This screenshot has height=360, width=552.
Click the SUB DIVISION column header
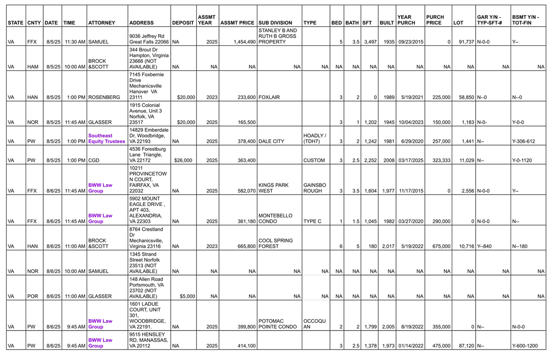click(275, 23)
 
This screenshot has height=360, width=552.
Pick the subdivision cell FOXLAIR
click(269, 97)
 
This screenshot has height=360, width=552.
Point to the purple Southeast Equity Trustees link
click(106, 138)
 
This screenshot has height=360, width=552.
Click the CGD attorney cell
click(93, 160)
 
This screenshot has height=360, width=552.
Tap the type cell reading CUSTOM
click(314, 160)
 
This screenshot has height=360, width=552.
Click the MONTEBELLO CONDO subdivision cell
click(276, 218)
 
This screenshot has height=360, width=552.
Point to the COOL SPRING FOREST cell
click(276, 243)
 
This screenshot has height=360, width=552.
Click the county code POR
click(32, 296)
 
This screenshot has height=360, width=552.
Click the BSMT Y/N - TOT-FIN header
click(525, 19)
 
